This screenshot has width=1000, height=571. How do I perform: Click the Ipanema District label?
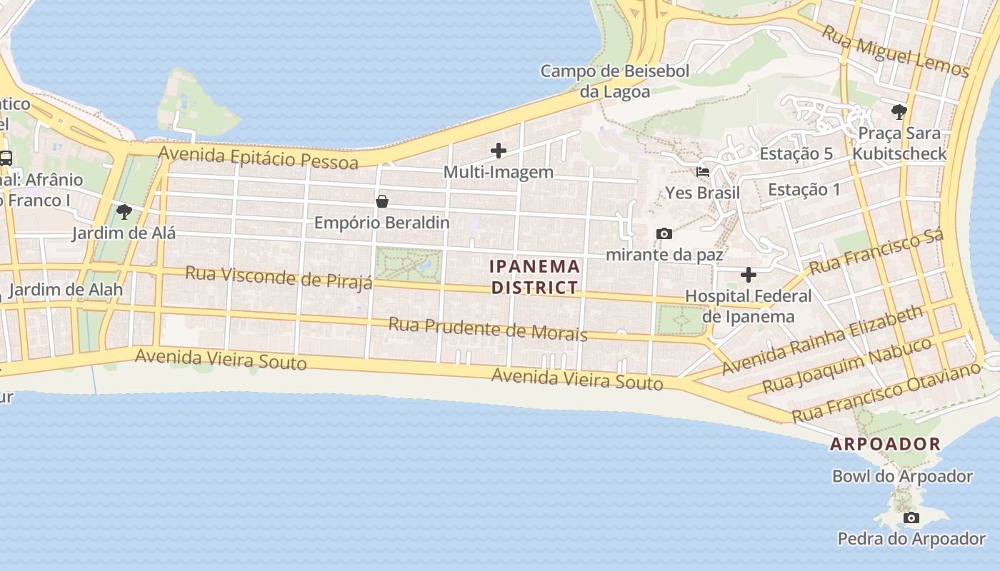[x=534, y=277]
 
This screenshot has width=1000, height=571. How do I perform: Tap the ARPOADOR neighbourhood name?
[x=885, y=444]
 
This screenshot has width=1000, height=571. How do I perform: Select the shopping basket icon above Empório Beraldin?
[x=382, y=201]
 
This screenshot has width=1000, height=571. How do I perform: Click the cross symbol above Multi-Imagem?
[x=499, y=151]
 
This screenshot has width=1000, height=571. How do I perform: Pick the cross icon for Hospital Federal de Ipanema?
[x=749, y=274]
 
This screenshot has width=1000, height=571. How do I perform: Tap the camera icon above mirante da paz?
[x=664, y=233]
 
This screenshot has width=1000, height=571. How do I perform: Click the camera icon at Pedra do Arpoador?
[x=911, y=517]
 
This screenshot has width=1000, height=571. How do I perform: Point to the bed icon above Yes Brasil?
[x=703, y=172]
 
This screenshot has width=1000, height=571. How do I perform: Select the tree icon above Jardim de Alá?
[x=124, y=211]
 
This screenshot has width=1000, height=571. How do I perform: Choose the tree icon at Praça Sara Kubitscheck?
[x=899, y=111]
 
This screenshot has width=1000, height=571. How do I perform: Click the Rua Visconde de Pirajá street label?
[x=279, y=278]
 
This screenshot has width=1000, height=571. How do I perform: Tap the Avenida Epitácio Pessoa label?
[x=258, y=158]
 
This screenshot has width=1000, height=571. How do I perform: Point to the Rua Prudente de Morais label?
[x=488, y=329]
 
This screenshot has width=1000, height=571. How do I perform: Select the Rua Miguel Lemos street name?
[x=894, y=51]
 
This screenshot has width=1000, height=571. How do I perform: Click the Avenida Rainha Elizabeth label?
[x=822, y=340]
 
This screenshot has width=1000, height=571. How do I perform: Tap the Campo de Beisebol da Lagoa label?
[x=615, y=81]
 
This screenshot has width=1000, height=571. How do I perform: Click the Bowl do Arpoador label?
[x=902, y=476]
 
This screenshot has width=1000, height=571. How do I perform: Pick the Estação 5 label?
[x=796, y=153]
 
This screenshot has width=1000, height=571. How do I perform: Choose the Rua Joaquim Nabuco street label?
[x=846, y=366]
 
